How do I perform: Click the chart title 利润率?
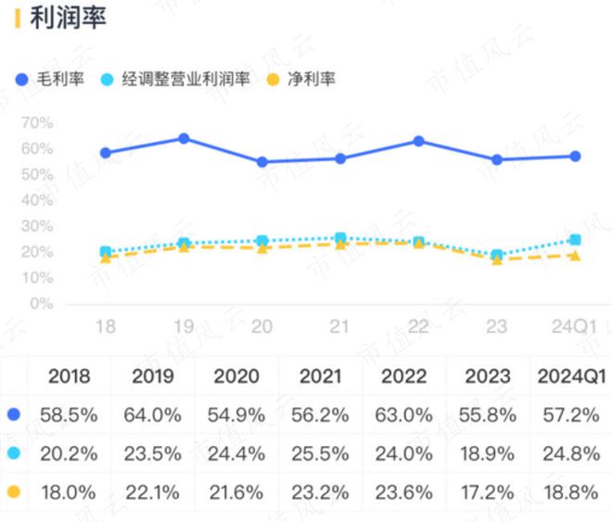pyautogui.click(x=69, y=18)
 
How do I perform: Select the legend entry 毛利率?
pyautogui.click(x=57, y=79)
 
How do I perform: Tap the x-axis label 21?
pyautogui.click(x=339, y=327)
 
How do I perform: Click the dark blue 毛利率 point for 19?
pyautogui.click(x=184, y=138)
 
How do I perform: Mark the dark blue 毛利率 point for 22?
pyautogui.click(x=418, y=141)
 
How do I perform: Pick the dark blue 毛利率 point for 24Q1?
pyautogui.click(x=575, y=156)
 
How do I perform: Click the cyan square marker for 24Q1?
pyautogui.click(x=575, y=239)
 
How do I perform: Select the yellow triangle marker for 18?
pyautogui.click(x=106, y=258)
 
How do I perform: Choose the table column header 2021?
pyautogui.click(x=319, y=376)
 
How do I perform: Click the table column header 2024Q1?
pyautogui.click(x=572, y=376)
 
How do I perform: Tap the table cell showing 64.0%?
pyautogui.click(x=153, y=414)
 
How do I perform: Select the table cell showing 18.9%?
pyautogui.click(x=488, y=453)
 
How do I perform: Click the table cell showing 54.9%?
pyautogui.click(x=236, y=414)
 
